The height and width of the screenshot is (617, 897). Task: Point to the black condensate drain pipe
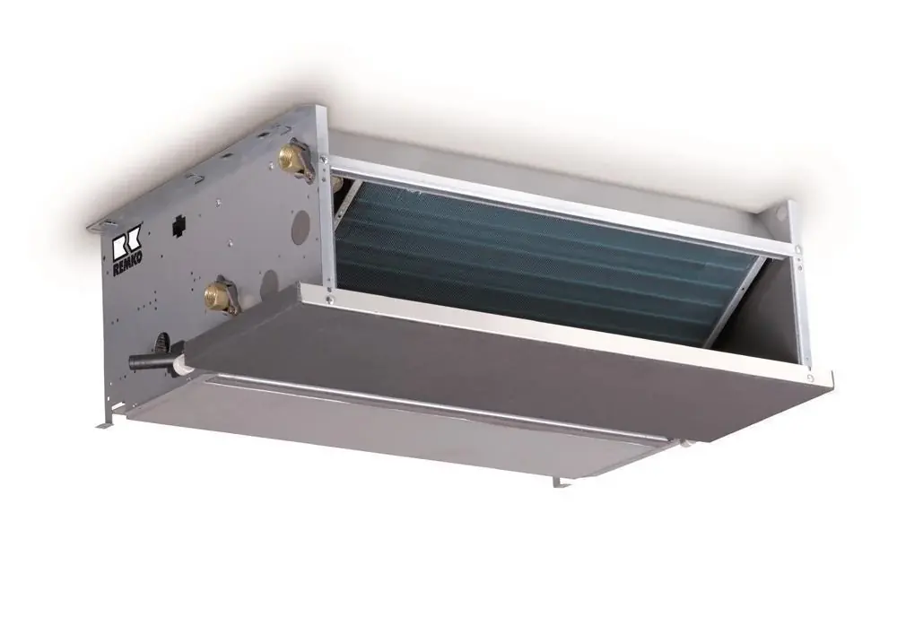(x=149, y=361)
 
